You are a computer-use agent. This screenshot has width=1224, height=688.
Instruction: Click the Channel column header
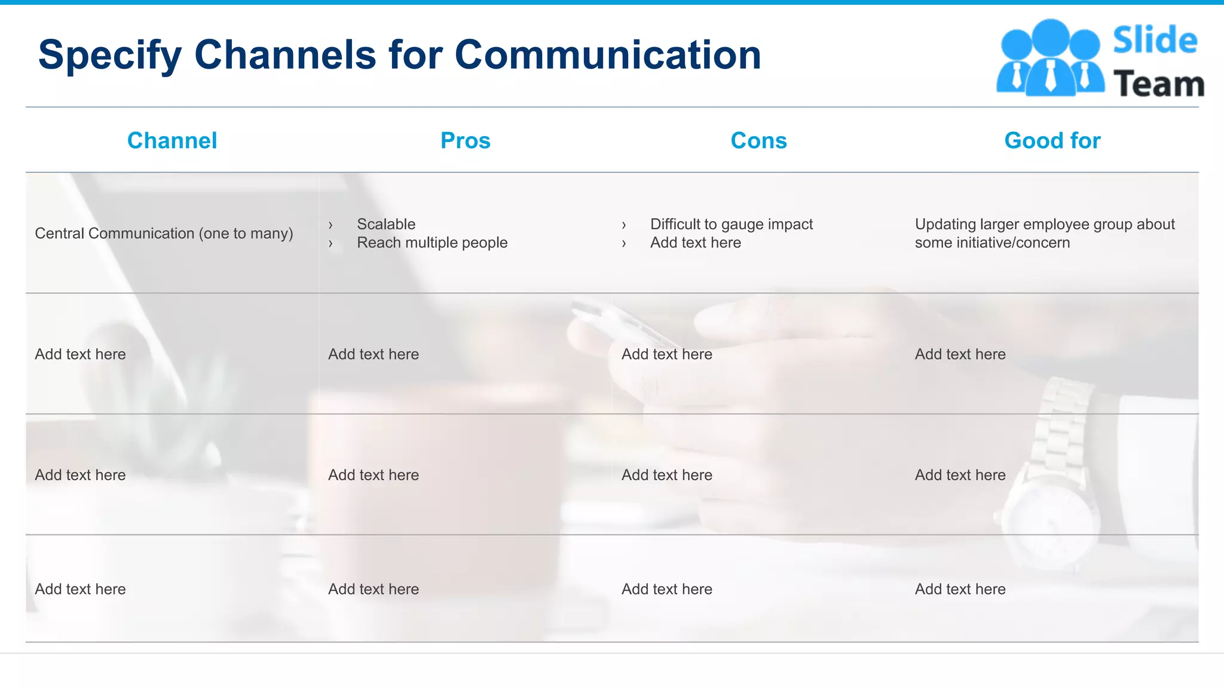point(172,141)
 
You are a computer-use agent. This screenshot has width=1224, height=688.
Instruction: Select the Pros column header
point(465,141)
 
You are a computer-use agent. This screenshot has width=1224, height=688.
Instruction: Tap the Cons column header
point(758,141)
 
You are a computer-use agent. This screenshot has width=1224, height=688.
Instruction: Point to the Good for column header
point(1052,141)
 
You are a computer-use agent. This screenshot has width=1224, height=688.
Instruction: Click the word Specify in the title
point(109,56)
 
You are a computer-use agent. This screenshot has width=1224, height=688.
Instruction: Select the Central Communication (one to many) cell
point(164,234)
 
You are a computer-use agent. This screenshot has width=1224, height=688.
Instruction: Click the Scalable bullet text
point(386,224)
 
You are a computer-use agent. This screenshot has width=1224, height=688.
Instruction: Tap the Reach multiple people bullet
point(432,242)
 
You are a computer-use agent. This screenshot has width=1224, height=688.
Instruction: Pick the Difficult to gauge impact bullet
point(732,224)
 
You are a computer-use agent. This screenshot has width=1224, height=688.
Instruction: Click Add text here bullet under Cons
point(696,242)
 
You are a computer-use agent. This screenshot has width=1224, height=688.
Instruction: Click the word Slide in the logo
point(1155,41)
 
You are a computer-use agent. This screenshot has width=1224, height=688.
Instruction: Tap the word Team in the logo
point(1158,84)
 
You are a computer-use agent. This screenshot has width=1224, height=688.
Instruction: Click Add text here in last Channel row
point(80,589)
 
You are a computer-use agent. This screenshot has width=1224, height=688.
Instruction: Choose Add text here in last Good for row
point(960,589)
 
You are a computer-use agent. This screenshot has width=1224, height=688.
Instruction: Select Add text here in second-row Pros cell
point(374,354)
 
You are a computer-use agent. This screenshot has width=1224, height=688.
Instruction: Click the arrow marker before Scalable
point(331,225)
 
